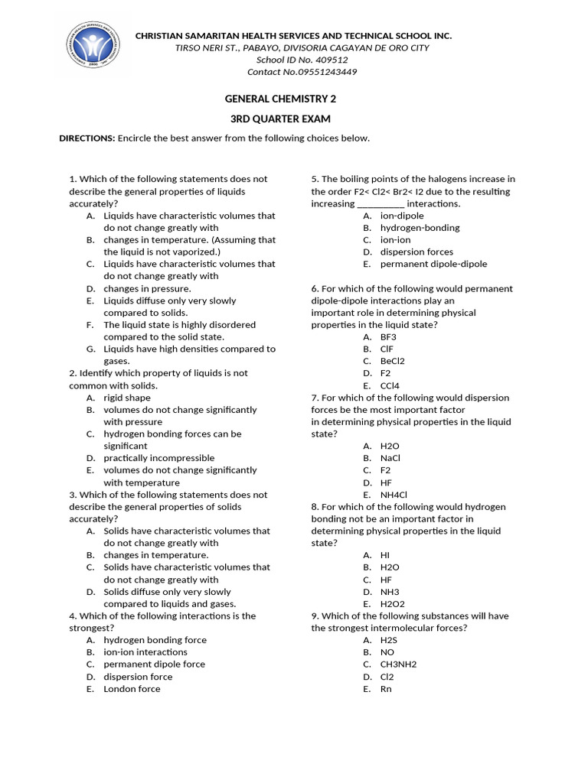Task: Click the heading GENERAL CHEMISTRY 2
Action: coord(279,99)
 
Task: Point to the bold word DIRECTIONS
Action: coord(87,138)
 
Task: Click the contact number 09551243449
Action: coord(321,72)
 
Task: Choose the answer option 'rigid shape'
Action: coord(127,398)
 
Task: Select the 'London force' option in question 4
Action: coord(132,689)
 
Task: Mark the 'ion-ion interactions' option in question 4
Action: coord(145,652)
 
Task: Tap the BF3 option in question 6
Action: coord(388,337)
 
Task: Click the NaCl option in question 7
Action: coord(390,458)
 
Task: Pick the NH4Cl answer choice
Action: coord(394,495)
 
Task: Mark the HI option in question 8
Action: coord(385,555)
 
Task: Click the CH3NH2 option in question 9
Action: coord(398,664)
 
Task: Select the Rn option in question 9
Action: coord(386,689)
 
